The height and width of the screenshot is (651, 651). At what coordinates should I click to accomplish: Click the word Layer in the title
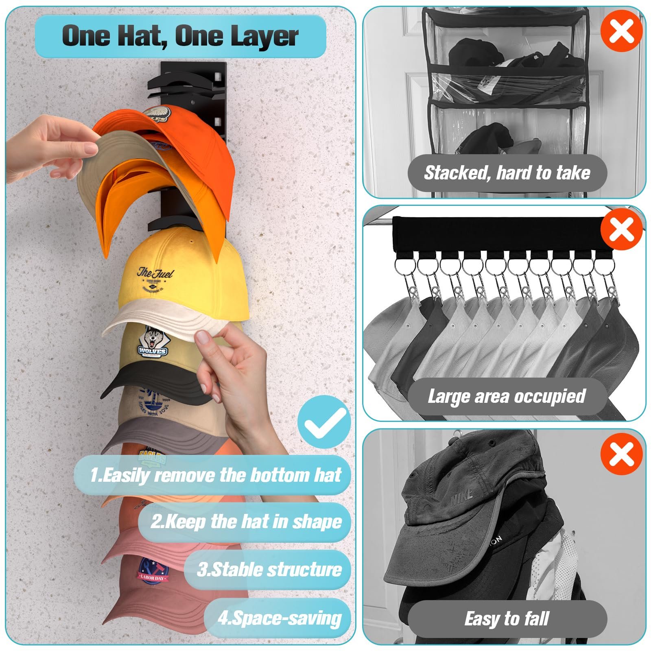[264, 36]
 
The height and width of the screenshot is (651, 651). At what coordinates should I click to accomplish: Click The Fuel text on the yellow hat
[155, 273]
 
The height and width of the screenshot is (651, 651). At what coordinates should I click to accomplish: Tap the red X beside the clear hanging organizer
[621, 31]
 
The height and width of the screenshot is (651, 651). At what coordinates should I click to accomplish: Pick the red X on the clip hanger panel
[621, 229]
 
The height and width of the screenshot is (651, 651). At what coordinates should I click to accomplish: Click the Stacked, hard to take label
[507, 173]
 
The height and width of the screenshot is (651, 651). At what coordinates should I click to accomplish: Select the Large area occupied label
[507, 396]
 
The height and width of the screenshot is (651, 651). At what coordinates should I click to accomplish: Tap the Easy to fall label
[507, 618]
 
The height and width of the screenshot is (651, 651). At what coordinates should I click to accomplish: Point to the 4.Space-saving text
[280, 618]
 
